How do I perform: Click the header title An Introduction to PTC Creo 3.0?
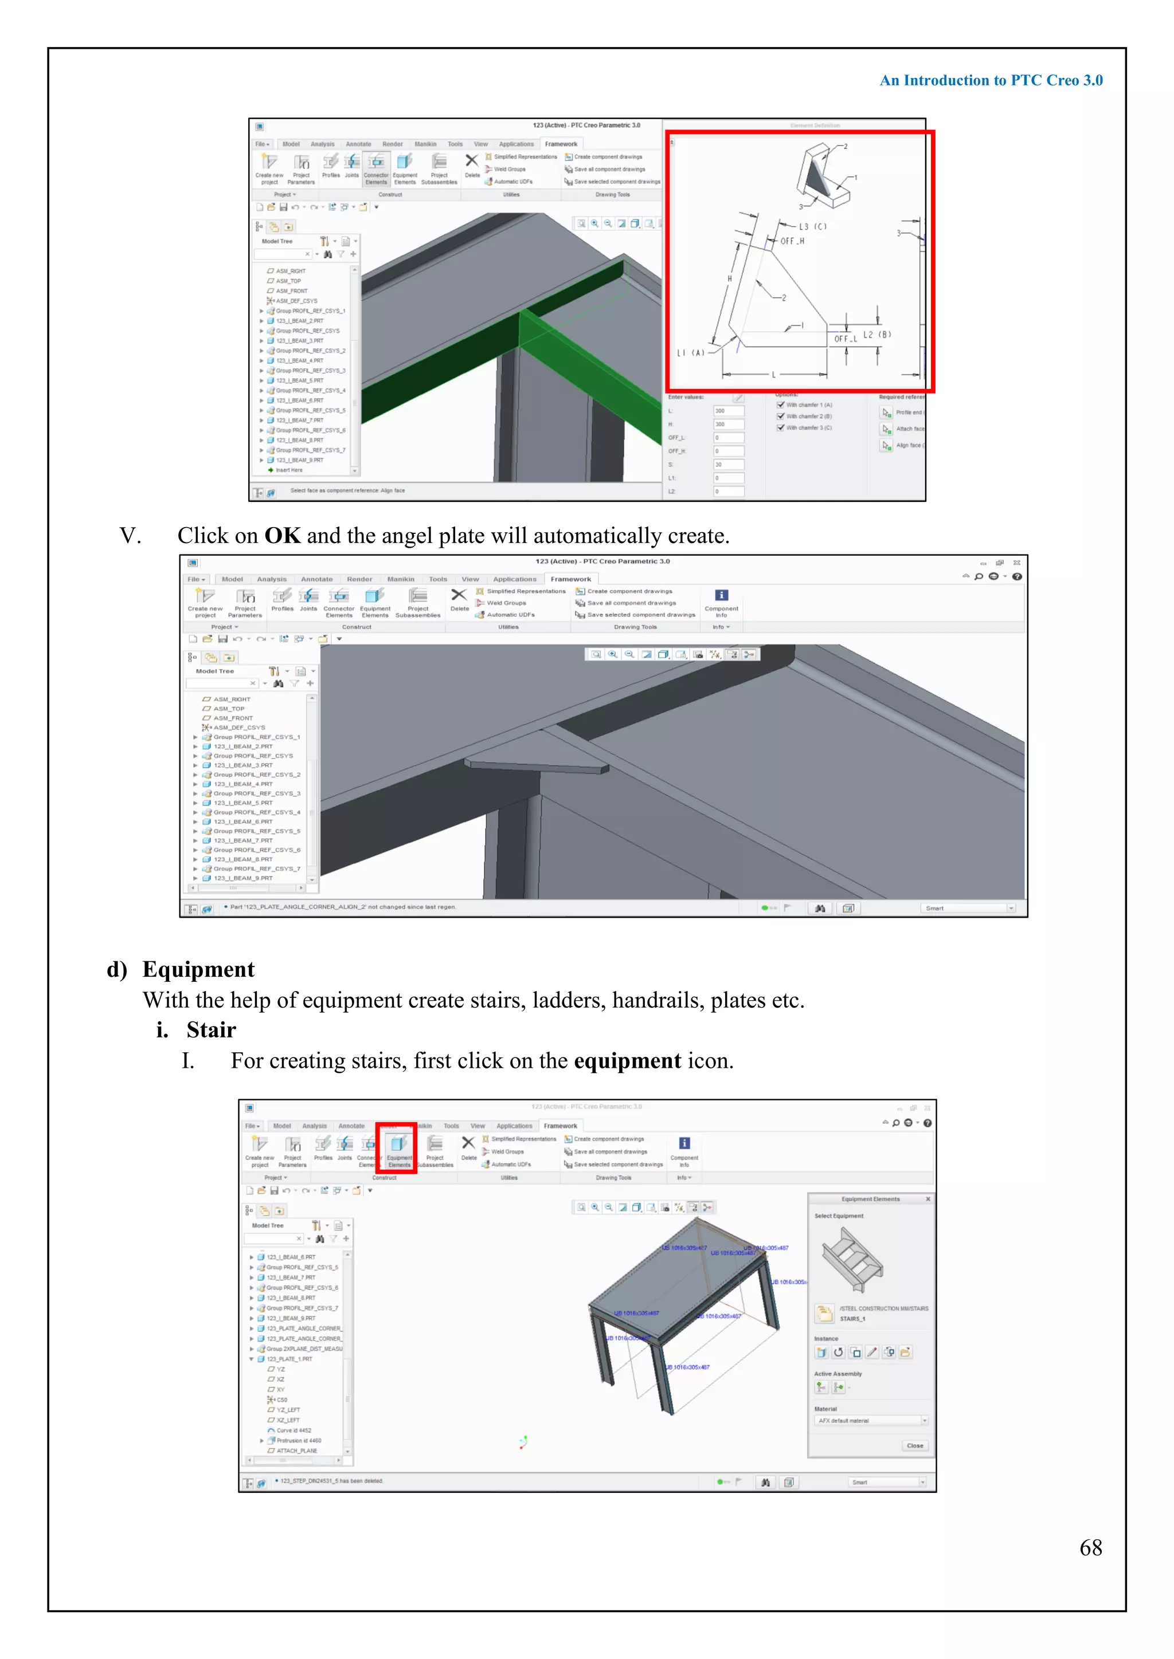point(991,80)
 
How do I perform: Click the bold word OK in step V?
point(282,536)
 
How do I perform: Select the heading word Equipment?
point(198,969)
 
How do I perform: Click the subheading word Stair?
point(211,1029)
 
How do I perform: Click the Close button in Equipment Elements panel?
point(914,1446)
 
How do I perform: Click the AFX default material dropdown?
point(871,1421)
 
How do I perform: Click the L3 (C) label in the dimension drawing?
point(812,226)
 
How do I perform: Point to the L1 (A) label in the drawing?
point(690,353)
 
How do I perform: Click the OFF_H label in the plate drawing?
point(792,241)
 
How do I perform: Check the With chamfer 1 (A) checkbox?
point(781,406)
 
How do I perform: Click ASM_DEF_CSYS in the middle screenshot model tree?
point(238,728)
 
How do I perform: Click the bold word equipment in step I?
point(627,1061)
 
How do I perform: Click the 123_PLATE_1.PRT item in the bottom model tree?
point(289,1359)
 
